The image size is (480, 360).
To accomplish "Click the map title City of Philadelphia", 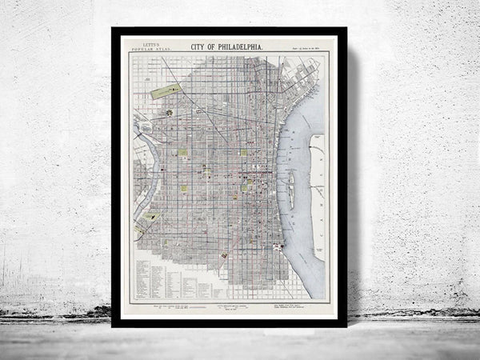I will [229, 47].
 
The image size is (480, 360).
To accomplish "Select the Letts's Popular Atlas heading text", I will [151, 48].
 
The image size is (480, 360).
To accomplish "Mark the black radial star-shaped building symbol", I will [170, 113].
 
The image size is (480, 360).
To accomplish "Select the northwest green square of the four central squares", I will [184, 152].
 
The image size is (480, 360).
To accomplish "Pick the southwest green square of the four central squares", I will [186, 188].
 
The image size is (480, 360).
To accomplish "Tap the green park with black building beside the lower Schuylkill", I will [149, 217].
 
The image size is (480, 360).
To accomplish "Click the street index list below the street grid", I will [164, 277].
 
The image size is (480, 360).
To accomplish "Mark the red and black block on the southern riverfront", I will [278, 246].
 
